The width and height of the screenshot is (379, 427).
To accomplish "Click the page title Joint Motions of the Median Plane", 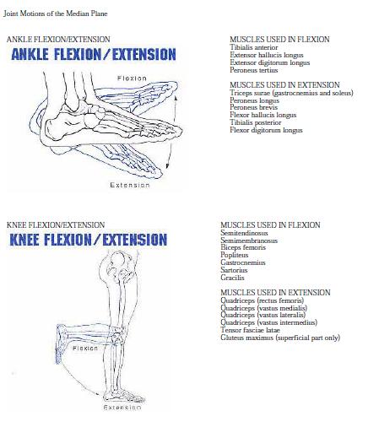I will [x=56, y=13].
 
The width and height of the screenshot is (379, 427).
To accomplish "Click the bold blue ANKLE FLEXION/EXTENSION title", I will [x=93, y=55].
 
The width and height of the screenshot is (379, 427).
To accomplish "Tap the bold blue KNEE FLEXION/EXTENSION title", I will [x=88, y=240].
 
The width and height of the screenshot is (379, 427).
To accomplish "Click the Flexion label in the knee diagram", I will [x=85, y=348].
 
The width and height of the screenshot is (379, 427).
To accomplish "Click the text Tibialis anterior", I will [x=253, y=47].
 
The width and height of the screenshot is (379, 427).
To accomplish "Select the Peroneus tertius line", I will [x=253, y=70].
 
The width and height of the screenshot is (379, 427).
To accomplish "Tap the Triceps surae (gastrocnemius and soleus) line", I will [x=291, y=93].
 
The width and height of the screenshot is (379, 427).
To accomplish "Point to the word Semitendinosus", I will [x=246, y=233].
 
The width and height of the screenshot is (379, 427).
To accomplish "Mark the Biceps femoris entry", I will [x=242, y=247].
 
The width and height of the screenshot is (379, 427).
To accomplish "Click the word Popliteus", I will [x=236, y=255].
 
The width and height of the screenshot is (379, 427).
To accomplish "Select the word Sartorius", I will [x=235, y=270].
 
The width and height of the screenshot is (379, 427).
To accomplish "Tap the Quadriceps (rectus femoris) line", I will [x=263, y=300].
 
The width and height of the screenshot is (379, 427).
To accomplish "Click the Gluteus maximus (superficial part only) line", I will [x=279, y=338].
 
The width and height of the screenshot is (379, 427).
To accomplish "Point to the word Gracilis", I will [x=232, y=278].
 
